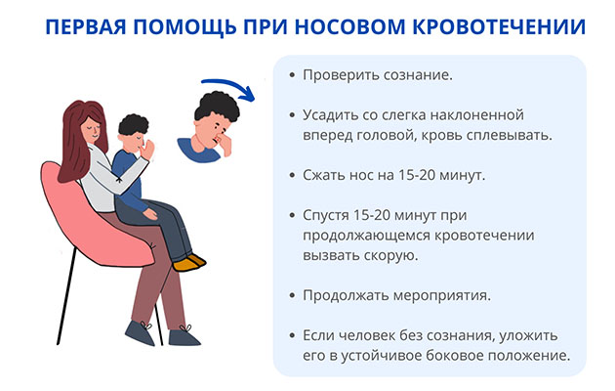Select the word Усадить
click(333, 115)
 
